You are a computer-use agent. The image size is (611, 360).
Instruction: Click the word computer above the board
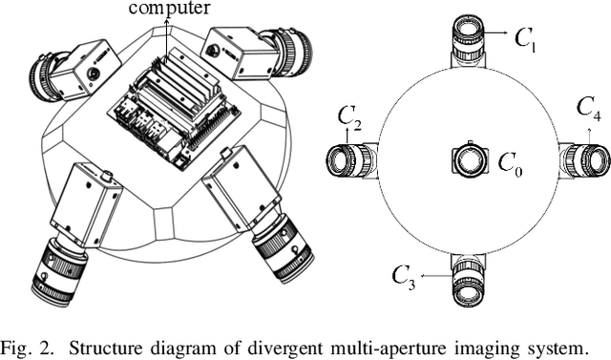coord(169,8)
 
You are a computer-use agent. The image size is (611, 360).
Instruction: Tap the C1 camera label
coord(526,40)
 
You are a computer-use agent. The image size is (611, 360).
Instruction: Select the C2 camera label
coord(349,118)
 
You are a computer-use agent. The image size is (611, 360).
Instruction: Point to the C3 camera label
coord(403,277)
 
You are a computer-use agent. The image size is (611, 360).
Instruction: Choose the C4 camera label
coord(588,109)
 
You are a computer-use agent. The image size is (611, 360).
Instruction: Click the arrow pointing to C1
coord(495,33)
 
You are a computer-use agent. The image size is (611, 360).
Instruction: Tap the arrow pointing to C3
coord(435,276)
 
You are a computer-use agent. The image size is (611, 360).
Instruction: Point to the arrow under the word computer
coord(168,41)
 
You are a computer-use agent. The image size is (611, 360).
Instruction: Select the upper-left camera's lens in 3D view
coord(45,76)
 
